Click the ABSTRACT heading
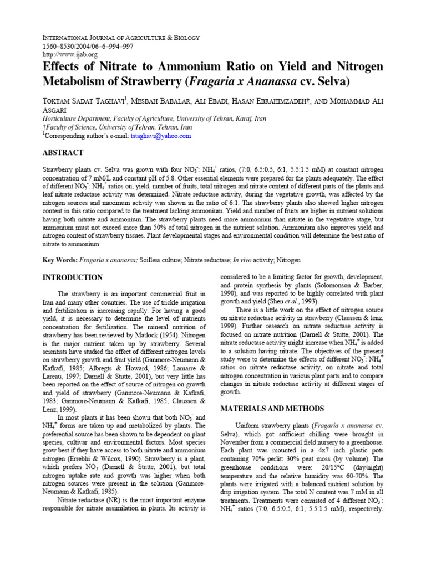pos(63,153)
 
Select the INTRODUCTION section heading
pos(73,277)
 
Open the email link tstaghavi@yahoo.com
pos(160,136)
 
